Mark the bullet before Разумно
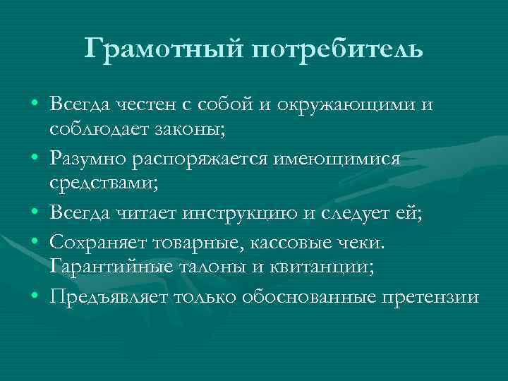coord(35,159)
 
